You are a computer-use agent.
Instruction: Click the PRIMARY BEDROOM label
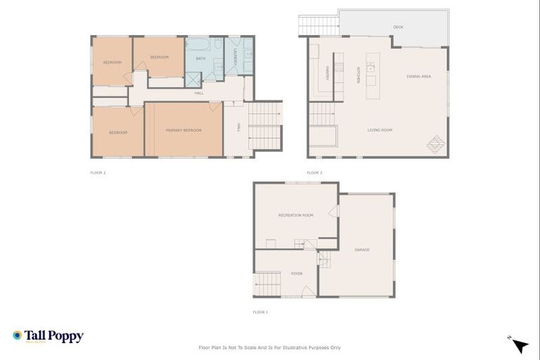(184, 131)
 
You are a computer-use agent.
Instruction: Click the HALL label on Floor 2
(199, 93)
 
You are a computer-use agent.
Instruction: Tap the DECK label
(398, 27)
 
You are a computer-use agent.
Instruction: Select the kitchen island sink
(371, 68)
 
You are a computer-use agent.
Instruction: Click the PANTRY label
(328, 71)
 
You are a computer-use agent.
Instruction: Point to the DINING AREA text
(418, 75)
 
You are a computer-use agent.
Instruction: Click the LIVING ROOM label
(380, 130)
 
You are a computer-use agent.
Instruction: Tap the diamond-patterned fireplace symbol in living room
(436, 144)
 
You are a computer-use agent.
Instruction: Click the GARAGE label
(362, 250)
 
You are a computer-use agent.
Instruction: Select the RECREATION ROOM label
(295, 215)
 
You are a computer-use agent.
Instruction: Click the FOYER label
(297, 274)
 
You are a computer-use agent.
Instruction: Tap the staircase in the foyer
(269, 285)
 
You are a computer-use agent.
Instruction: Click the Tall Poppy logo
(48, 336)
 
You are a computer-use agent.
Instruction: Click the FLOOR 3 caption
(314, 172)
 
